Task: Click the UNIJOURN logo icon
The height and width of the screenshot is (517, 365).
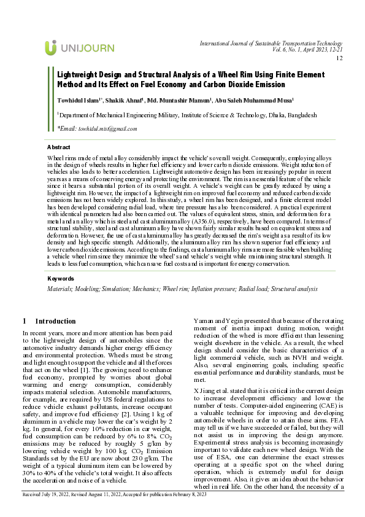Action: coord(51,47)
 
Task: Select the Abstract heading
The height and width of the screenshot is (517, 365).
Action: coord(58,147)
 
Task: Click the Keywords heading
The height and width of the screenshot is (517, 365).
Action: coord(60,278)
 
